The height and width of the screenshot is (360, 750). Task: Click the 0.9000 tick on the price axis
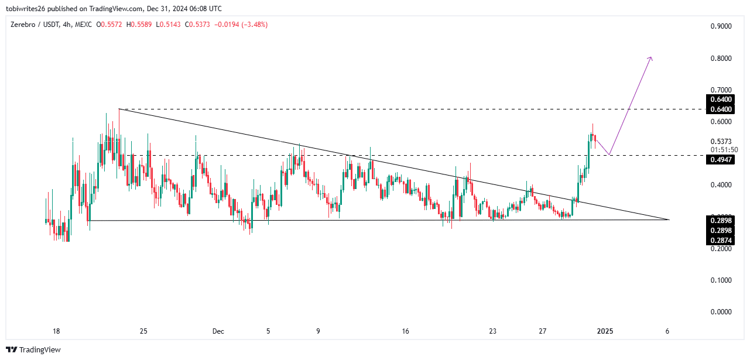coord(720,27)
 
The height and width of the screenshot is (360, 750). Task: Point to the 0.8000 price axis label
coord(720,59)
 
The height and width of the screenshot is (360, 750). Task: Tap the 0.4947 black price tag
coord(720,160)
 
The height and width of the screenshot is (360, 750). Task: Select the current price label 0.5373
coord(720,142)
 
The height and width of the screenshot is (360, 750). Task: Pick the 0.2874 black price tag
coord(720,241)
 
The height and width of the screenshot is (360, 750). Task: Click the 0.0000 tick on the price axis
coord(720,312)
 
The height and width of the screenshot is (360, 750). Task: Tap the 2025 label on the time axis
coord(605,331)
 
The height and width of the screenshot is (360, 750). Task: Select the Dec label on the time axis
coord(218,331)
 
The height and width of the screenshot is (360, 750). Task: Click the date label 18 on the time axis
coord(56,331)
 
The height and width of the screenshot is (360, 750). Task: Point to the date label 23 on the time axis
coord(493,331)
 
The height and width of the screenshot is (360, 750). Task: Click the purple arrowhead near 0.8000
coord(650,58)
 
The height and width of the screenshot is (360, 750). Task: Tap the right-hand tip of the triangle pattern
coord(668,220)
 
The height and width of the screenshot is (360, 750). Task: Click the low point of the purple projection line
coord(609,155)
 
